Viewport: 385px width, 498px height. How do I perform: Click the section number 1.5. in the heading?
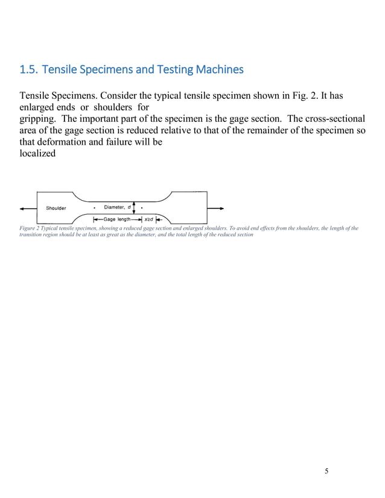[x=30, y=70]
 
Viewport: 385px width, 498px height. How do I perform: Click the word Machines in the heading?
[x=220, y=70]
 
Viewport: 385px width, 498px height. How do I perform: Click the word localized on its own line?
[x=37, y=153]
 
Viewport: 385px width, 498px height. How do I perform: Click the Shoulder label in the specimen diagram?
[x=57, y=209]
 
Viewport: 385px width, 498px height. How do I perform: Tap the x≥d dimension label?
[x=148, y=219]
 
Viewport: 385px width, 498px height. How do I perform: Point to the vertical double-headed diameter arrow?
[x=134, y=208]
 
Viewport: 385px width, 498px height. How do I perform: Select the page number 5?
[x=326, y=471]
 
